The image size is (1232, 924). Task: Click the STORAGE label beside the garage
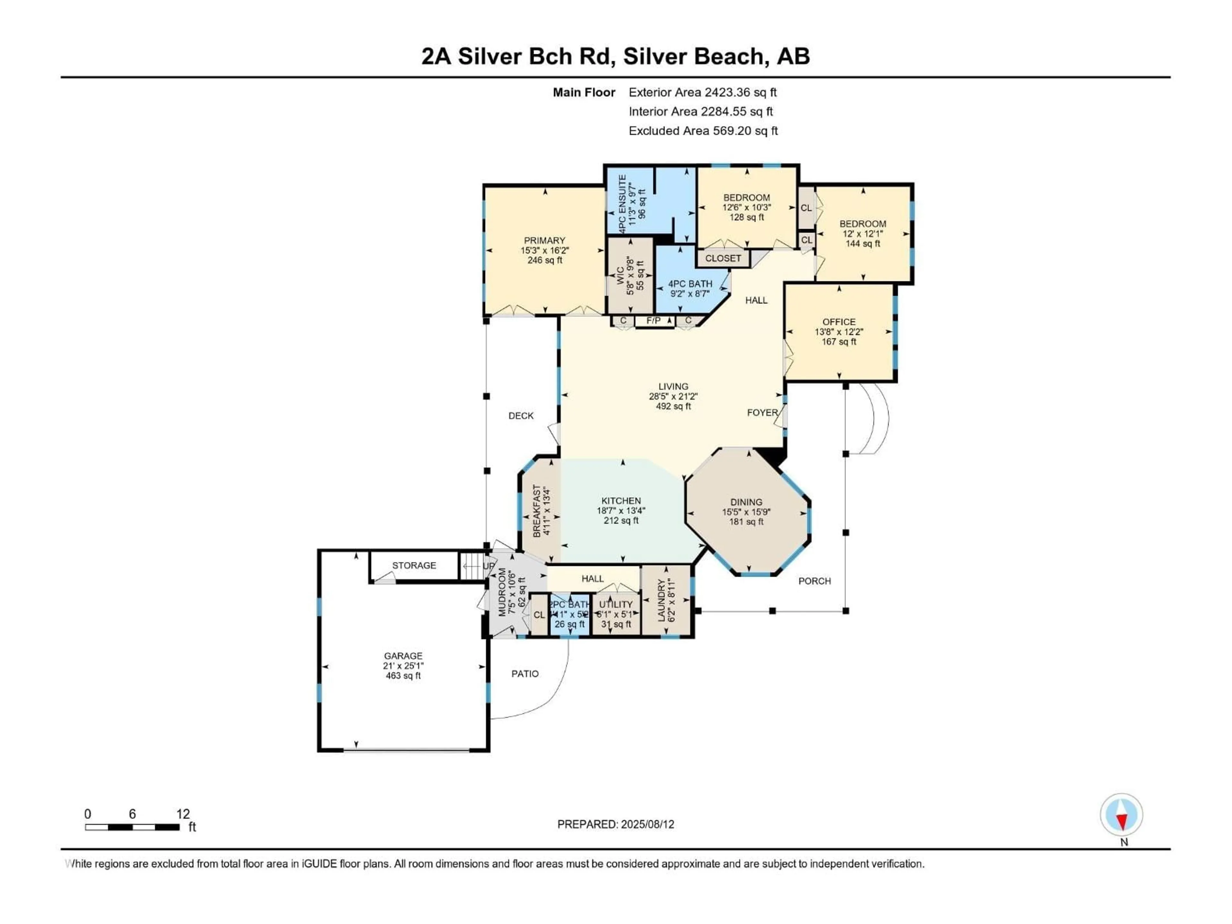[x=414, y=565]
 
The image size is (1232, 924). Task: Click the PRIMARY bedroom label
[x=544, y=241]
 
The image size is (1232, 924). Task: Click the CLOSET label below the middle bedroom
[x=723, y=258]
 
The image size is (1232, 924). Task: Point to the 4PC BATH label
[x=690, y=284]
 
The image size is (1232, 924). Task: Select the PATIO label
[x=525, y=674]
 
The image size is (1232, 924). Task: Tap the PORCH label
[x=814, y=581]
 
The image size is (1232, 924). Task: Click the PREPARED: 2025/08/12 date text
[x=615, y=824]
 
